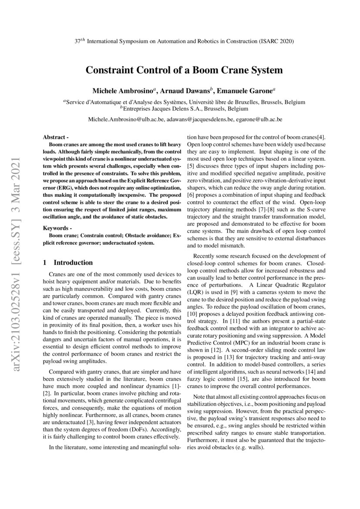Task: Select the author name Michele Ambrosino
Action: coord(123,91)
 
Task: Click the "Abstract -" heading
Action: coord(56,137)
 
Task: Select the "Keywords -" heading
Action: coord(57,228)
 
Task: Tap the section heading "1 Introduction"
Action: coord(67,263)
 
